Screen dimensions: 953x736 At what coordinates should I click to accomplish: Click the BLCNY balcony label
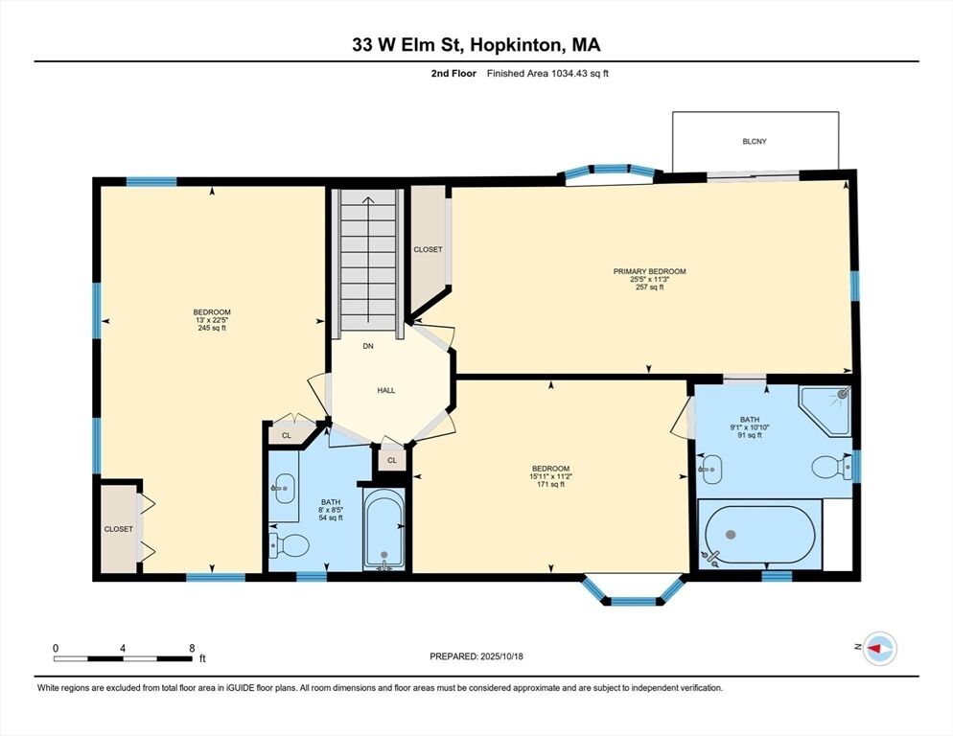point(755,141)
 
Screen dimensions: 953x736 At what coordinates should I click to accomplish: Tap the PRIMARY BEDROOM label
point(649,271)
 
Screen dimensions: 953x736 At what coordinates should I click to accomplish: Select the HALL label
point(386,390)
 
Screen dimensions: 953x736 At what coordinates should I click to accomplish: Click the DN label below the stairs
point(368,346)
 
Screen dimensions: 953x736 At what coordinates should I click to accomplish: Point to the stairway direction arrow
point(368,260)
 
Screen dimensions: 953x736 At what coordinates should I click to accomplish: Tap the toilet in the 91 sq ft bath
point(831,467)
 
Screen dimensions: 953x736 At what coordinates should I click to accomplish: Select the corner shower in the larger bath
point(826,410)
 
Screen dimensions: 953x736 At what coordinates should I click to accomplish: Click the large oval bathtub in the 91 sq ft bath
point(759,535)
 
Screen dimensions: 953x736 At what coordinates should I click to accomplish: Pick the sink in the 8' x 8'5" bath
point(284,488)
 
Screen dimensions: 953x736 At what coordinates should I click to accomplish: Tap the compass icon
point(880,649)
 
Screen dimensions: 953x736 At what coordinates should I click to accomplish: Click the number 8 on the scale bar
point(192,648)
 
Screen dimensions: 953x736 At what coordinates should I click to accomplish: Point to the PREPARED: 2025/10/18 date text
point(476,656)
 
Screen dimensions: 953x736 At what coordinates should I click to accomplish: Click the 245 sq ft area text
point(212,328)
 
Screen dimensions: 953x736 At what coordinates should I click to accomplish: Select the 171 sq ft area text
point(550,484)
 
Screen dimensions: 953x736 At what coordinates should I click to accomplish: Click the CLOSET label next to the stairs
point(428,249)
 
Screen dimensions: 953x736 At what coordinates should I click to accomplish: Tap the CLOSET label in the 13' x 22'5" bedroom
point(119,529)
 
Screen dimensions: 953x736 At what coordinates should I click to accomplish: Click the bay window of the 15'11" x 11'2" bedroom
point(633,590)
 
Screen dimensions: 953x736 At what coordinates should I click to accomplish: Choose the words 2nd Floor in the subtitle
point(453,74)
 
